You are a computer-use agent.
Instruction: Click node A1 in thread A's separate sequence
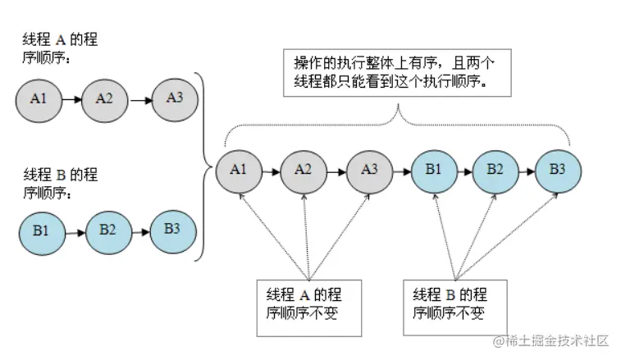click(38, 99)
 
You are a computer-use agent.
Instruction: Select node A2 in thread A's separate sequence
click(104, 99)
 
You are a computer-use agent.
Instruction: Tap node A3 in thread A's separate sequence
click(174, 98)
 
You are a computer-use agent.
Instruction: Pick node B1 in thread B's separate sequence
click(41, 231)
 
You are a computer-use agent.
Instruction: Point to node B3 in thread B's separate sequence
click(172, 229)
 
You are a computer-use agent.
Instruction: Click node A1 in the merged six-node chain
click(238, 171)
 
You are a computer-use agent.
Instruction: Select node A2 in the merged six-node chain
click(304, 171)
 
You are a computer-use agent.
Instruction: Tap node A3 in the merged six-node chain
click(368, 171)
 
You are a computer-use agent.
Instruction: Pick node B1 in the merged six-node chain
click(433, 171)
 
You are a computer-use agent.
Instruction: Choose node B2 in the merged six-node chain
click(495, 171)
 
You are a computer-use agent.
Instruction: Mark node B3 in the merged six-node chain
click(558, 171)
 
